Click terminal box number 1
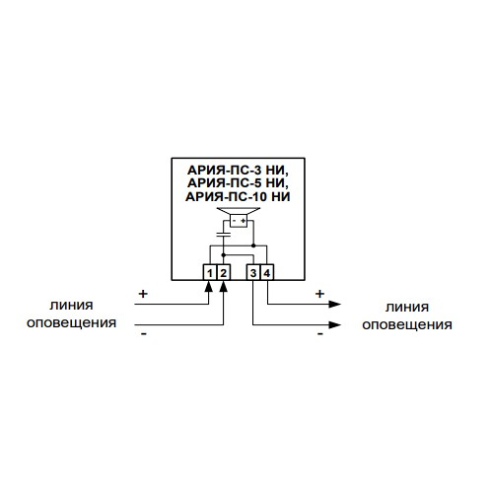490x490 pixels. tap(209, 272)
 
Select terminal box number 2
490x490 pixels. tap(223, 272)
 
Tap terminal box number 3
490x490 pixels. tap(253, 272)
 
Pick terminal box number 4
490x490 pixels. tap(267, 272)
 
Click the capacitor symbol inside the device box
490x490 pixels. tap(223, 235)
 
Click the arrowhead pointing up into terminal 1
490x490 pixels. tap(208, 286)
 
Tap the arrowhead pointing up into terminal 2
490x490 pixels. tap(223, 286)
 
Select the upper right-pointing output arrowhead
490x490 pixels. tap(334, 304)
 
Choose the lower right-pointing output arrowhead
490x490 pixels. tap(334, 325)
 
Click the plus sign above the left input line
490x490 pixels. tap(143, 294)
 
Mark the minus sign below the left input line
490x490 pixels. tap(144, 334)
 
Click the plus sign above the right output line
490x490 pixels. tap(319, 294)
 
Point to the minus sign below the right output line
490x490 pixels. tap(320, 334)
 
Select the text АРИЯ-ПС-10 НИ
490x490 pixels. tap(238, 196)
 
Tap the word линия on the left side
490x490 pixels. tap(71, 306)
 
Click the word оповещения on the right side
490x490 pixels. tap(407, 325)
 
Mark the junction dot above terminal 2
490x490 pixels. tap(223, 255)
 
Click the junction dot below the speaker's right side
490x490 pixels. tap(253, 245)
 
